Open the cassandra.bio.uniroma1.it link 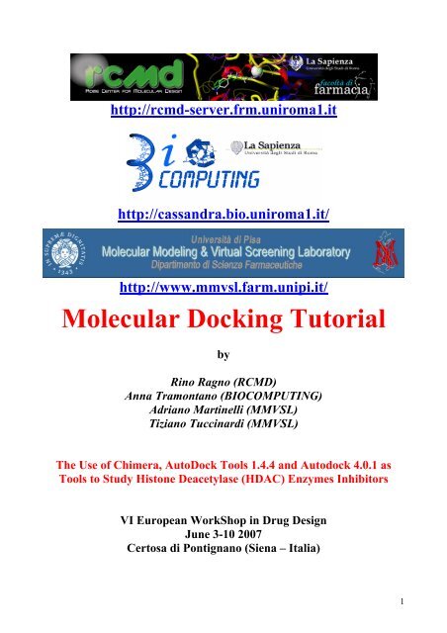coord(224,211)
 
